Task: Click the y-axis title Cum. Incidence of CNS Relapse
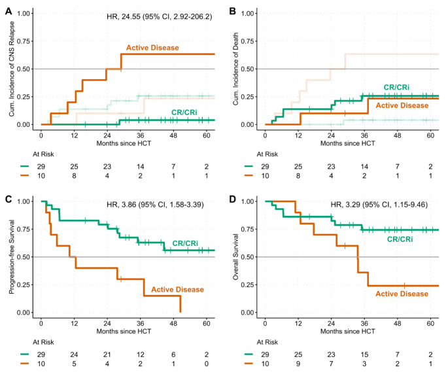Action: point(9,69)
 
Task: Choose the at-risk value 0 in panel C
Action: point(206,364)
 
